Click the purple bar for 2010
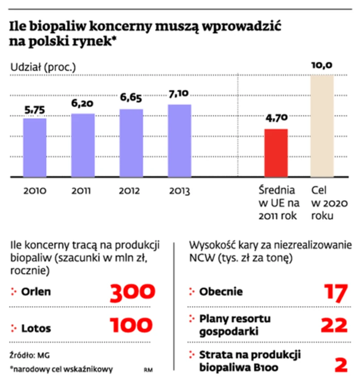click(34, 147)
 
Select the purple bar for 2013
click(179, 141)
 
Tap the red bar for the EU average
click(276, 153)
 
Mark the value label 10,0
click(322, 66)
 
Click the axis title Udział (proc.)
click(43, 67)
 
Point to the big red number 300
click(132, 292)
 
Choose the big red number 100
click(132, 326)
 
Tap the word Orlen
click(36, 292)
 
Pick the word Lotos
click(36, 328)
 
